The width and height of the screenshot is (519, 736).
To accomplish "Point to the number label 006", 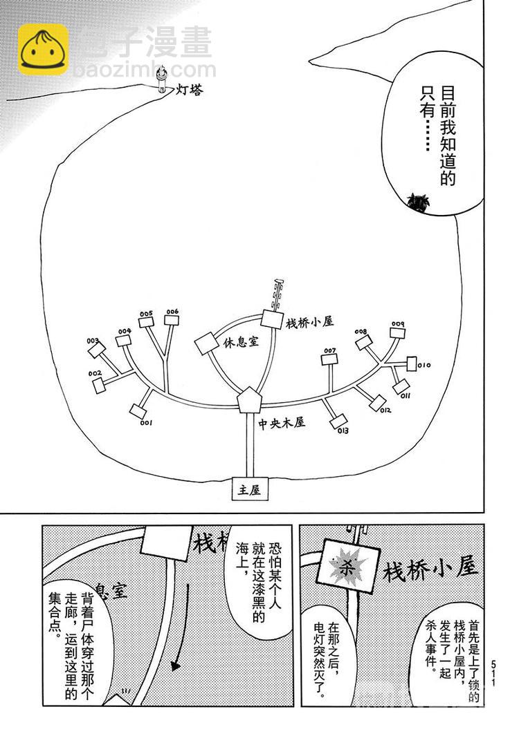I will pyautogui.click(x=172, y=312).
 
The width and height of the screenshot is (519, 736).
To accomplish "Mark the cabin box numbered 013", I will pyautogui.click(x=338, y=421).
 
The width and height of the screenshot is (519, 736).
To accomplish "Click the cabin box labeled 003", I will pyautogui.click(x=96, y=351).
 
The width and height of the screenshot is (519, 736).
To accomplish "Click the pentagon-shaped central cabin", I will pyautogui.click(x=247, y=400).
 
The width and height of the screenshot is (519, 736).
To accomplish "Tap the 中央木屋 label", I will pyautogui.click(x=282, y=422).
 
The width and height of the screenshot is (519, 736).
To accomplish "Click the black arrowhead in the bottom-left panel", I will pyautogui.click(x=176, y=667).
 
